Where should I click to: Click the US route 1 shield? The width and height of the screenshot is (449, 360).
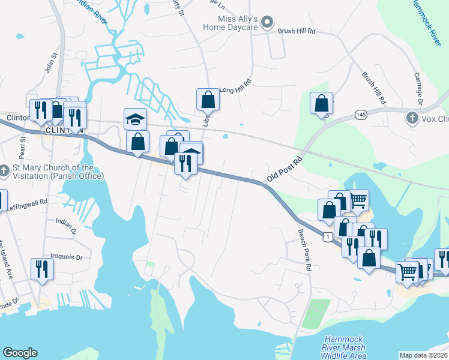click(x=327, y=237)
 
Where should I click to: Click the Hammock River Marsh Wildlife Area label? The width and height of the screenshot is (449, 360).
click(x=345, y=347)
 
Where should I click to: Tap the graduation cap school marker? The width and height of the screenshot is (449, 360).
click(x=136, y=119)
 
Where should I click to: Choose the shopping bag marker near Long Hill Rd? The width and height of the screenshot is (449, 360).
click(x=208, y=99)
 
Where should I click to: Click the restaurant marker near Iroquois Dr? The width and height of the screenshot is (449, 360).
click(x=41, y=268)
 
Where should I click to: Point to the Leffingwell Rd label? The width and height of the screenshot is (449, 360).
click(x=27, y=205)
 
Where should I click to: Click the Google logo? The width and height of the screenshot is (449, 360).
click(x=20, y=353)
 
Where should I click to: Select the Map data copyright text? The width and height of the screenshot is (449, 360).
click(x=424, y=355)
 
